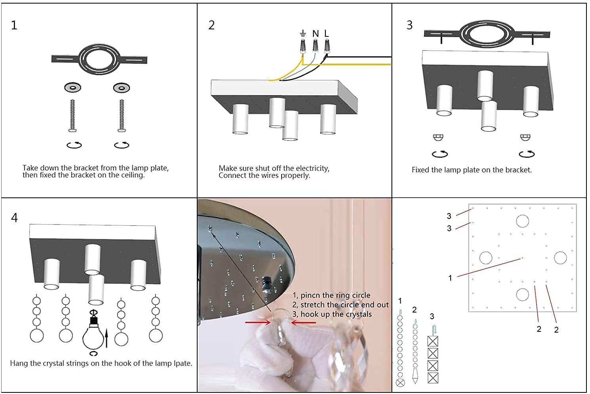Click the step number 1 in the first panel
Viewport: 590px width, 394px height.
tap(14, 25)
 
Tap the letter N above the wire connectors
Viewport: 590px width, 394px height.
tap(316, 34)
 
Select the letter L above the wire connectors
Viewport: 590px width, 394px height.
tap(326, 34)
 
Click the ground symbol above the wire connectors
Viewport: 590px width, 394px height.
tap(303, 33)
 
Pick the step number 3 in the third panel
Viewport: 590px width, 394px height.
tap(409, 25)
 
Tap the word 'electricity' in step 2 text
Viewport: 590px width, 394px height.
tap(310, 168)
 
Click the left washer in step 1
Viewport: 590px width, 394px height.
tap(73, 88)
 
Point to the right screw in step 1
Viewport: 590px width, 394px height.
tap(122, 115)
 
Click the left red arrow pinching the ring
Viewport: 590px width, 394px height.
tap(257, 322)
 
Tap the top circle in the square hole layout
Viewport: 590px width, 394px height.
tap(522, 221)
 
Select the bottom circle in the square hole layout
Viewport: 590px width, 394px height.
tap(522, 295)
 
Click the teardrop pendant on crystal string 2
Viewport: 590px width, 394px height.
tap(415, 375)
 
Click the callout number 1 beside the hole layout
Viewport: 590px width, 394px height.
tap(450, 278)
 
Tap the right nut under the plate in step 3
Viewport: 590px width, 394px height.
tap(525, 137)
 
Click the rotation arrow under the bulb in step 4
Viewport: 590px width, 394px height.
tap(93, 353)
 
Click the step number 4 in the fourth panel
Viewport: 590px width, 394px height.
tap(14, 218)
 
